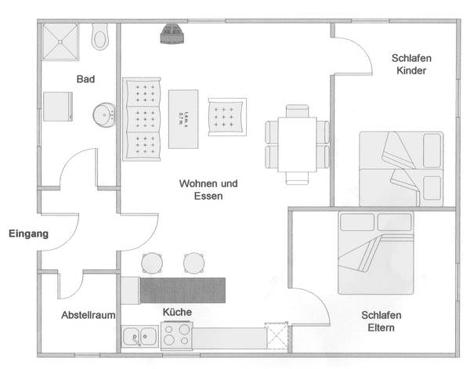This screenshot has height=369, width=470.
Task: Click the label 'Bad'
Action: [86, 79]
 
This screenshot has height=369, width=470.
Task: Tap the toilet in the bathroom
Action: [100, 36]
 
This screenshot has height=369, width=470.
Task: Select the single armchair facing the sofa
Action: [226, 118]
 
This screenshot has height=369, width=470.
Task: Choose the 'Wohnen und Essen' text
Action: [208, 190]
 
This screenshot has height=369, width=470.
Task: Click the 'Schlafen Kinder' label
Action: [411, 65]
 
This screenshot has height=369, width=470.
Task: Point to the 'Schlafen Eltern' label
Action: [381, 321]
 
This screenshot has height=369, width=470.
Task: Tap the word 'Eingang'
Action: [29, 233]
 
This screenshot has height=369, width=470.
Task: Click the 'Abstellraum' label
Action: [89, 315]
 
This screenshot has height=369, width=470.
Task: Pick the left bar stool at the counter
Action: [151, 263]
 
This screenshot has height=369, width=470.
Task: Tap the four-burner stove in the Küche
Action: [175, 337]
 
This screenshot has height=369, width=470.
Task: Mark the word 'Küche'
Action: [177, 312]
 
